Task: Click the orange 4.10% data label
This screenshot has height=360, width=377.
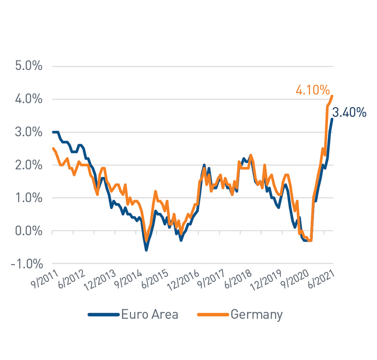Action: coord(312,90)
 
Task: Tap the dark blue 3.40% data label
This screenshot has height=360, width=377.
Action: coord(349,112)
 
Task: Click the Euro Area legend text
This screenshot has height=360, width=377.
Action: coord(149,315)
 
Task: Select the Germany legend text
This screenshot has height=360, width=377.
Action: coord(256,315)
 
